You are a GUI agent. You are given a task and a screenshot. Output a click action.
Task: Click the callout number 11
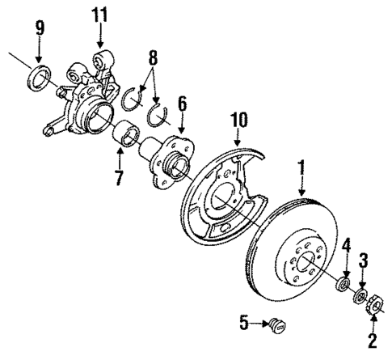(x=99, y=14)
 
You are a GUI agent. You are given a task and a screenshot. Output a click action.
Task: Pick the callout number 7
(x=120, y=176)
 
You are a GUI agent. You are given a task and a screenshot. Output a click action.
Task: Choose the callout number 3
(x=363, y=260)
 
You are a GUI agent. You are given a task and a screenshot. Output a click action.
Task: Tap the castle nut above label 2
(x=375, y=307)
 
